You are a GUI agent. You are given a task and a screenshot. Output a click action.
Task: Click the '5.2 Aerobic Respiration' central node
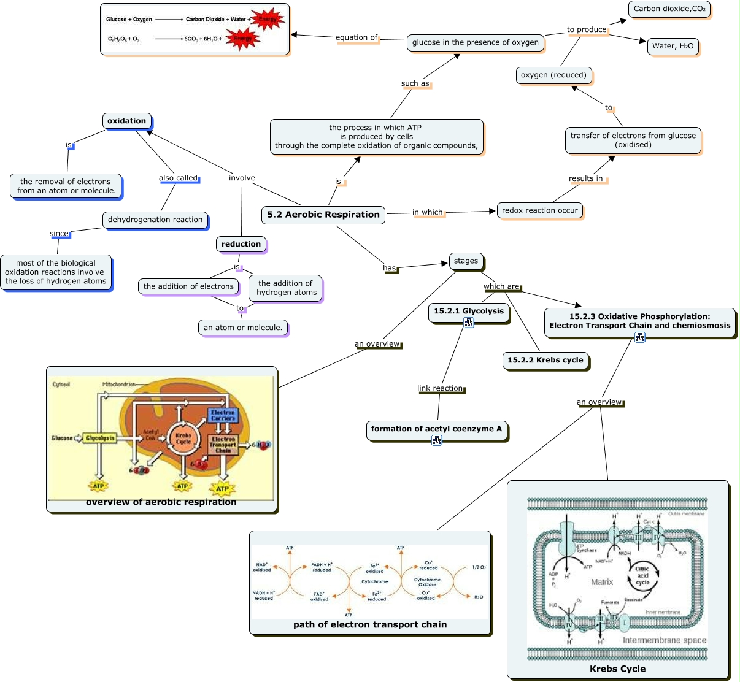point(323,215)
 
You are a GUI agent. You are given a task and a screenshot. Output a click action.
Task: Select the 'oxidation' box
point(127,121)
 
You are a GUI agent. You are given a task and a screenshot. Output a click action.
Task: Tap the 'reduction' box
point(241,244)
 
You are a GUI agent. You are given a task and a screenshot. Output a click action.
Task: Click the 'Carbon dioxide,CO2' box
point(669,9)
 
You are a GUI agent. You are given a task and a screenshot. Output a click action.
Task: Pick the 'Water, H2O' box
point(673,46)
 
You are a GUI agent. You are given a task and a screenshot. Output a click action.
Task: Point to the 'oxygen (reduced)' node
point(553,75)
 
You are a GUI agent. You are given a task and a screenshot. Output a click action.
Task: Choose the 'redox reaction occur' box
point(540,210)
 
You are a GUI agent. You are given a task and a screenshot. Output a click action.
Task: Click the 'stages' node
point(466,261)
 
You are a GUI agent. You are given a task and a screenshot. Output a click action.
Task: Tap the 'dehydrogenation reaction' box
point(155,220)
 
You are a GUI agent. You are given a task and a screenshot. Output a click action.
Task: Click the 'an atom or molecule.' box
point(243,328)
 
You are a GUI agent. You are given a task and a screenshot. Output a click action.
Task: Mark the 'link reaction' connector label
point(440,388)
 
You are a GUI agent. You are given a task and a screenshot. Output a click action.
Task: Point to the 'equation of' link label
point(357,37)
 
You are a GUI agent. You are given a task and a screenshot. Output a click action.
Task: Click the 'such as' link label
point(415,83)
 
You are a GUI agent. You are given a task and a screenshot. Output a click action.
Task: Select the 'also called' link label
point(178,178)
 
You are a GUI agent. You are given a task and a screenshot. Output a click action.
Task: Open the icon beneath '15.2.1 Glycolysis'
point(469,323)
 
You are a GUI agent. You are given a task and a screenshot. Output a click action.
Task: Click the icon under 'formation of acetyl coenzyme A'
point(437,440)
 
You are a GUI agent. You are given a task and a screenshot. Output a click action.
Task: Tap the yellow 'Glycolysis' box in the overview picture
point(99,438)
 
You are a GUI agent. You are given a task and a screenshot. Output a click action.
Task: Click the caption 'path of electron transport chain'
point(370,624)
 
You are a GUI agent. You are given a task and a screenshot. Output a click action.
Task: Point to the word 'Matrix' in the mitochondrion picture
point(601,582)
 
